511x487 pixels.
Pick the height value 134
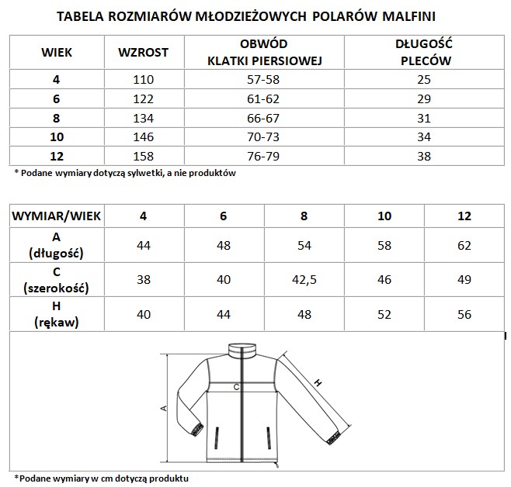coord(143,118)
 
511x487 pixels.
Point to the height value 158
coord(143,156)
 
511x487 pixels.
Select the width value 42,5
coord(303,278)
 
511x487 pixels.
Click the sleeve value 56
coord(464,313)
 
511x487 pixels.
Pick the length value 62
coord(464,243)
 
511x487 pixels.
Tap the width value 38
coord(143,278)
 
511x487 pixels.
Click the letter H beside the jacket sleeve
coord(319,383)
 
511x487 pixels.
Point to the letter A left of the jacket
coord(164,409)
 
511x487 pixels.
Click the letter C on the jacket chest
coord(235,386)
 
